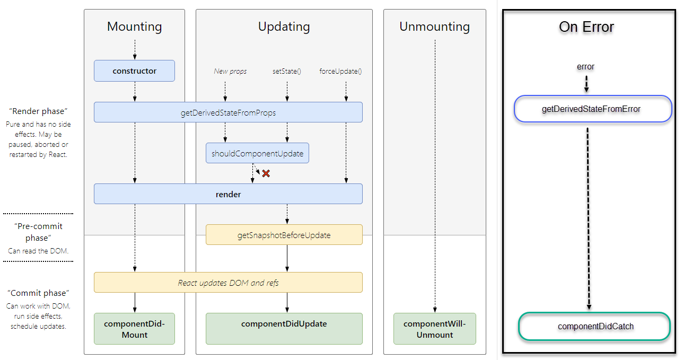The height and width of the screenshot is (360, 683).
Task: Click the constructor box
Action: (x=134, y=71)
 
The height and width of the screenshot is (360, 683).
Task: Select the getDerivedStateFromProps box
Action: (x=228, y=112)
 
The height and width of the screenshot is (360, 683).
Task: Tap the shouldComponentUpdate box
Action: (x=257, y=153)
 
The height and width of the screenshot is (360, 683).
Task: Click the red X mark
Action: (x=266, y=173)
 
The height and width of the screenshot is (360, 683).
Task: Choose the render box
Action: (x=228, y=194)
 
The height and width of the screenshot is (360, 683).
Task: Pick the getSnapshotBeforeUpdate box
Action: (x=284, y=235)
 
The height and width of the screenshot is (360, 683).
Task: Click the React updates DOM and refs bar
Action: (x=228, y=283)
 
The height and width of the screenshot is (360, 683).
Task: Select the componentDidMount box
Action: (x=134, y=329)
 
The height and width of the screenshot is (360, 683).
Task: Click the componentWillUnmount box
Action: (x=434, y=329)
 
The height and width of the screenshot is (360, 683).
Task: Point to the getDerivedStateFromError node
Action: (x=592, y=109)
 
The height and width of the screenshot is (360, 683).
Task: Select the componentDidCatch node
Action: (x=595, y=326)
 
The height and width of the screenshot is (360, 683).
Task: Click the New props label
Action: (x=230, y=71)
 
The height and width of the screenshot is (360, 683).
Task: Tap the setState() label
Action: (x=287, y=71)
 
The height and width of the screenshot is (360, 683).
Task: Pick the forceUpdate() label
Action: (x=340, y=71)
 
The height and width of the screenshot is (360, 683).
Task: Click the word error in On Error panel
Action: (x=585, y=67)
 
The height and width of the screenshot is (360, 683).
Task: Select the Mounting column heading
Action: (x=134, y=27)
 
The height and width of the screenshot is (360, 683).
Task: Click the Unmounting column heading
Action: (x=434, y=27)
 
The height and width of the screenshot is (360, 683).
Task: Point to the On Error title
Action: (x=586, y=27)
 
